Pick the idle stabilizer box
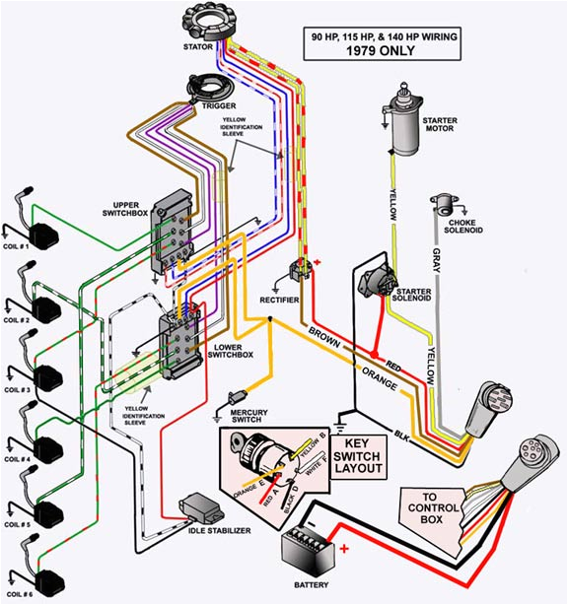tap(200, 509)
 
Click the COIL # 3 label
tap(18, 390)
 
